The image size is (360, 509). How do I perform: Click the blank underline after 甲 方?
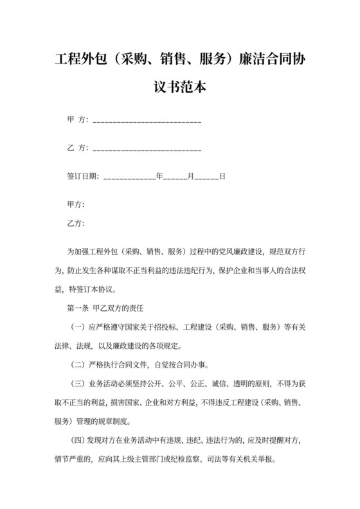point(148,120)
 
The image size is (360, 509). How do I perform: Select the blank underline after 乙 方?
point(148,148)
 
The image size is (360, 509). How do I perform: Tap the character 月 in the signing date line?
point(190,176)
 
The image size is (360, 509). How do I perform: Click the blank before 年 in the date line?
point(129,177)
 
